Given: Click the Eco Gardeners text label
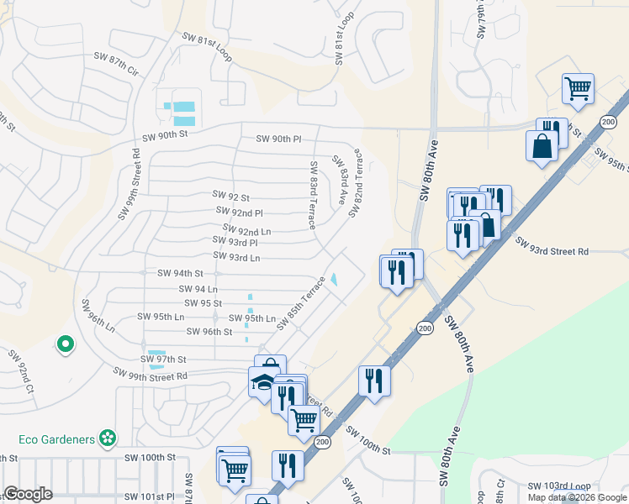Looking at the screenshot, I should (x=55, y=438).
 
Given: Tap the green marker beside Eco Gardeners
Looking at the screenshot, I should (x=107, y=438).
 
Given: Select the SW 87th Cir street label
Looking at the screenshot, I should (x=115, y=63).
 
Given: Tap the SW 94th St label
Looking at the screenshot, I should (x=180, y=273).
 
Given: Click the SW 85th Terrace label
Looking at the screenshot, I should (x=300, y=303).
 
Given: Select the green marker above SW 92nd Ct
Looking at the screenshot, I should (x=64, y=344).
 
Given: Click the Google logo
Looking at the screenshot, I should (x=28, y=495).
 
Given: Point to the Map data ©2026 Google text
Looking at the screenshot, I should (x=576, y=497).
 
